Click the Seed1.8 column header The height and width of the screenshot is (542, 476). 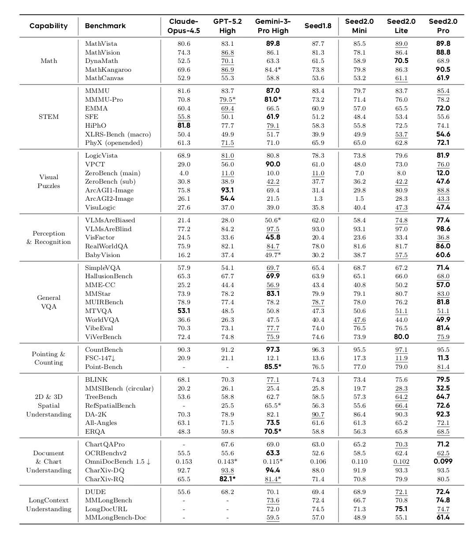tap(318, 26)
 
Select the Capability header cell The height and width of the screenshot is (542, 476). tap(48, 26)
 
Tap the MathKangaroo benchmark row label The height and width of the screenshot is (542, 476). tap(108, 70)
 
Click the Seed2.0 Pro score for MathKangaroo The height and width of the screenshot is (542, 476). tap(443, 70)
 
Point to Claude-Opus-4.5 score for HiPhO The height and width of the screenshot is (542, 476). tap(183, 125)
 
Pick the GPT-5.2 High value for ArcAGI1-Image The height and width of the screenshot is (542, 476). tap(227, 190)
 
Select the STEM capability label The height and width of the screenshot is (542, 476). tap(48, 117)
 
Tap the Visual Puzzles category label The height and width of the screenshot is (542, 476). tap(48, 181)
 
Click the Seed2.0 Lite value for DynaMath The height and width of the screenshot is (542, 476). tap(401, 61)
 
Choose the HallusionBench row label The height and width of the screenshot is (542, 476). tap(108, 276)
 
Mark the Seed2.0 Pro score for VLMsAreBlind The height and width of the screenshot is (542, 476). tap(443, 229)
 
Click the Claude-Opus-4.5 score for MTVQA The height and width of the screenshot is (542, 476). tap(183, 311)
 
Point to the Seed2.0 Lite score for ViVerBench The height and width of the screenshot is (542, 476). tap(401, 337)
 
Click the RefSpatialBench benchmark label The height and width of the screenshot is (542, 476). tap(110, 406)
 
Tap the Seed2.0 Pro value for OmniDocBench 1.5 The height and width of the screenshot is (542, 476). tap(443, 462)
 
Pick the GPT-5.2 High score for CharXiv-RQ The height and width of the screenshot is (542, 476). tap(227, 479)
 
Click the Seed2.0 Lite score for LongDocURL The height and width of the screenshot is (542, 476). tap(401, 509)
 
